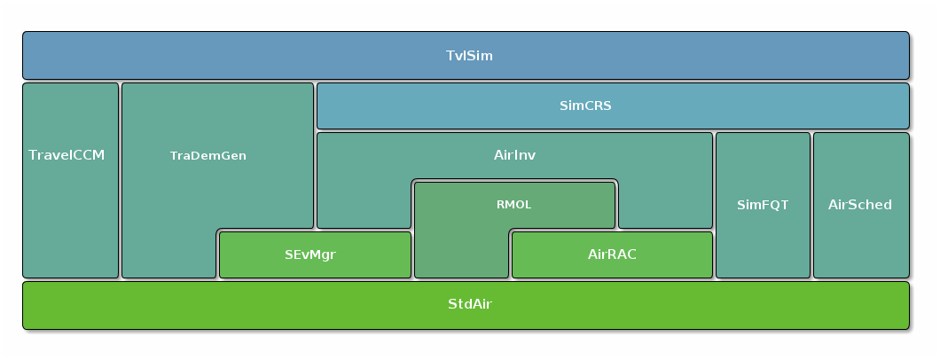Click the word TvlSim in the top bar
(469, 56)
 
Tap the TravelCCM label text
(67, 155)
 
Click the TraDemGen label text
(208, 155)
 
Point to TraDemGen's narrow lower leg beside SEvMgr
(169, 253)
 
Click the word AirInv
(514, 155)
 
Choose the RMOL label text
(514, 205)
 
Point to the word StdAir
(469, 305)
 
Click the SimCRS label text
(585, 106)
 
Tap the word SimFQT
(763, 205)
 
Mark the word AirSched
(860, 205)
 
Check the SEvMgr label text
(310, 254)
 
